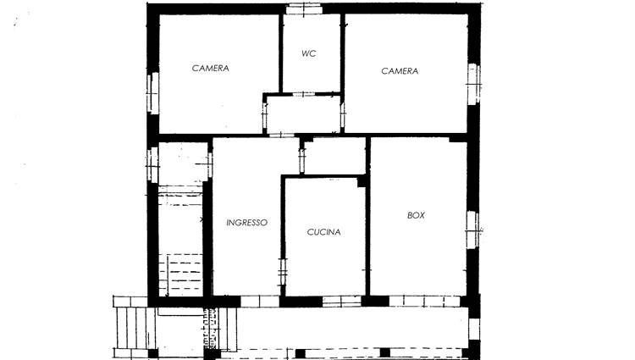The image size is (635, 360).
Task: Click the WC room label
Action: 308,53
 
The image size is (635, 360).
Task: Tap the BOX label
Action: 416,215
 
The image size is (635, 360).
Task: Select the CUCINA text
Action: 323,232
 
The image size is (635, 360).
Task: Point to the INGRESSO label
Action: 246,222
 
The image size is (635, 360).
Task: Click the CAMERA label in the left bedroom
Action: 211,68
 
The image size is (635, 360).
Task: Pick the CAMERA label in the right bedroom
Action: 400,71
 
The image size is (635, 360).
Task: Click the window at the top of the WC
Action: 304,9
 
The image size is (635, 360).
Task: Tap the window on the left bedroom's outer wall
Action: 152,93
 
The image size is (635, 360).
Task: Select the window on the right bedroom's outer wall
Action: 474,84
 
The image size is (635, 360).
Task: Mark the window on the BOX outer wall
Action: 472,230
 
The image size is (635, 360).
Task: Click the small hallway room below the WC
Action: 303,114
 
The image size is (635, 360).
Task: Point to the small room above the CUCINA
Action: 334,156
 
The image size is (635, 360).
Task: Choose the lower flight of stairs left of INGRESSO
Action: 180,274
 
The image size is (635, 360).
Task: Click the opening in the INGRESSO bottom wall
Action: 260,302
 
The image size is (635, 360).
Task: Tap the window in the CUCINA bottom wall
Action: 342,302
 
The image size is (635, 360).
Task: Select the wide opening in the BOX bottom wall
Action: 424,302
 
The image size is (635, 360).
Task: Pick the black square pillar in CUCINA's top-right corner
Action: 362,182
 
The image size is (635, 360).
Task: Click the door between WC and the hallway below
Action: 304,94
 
